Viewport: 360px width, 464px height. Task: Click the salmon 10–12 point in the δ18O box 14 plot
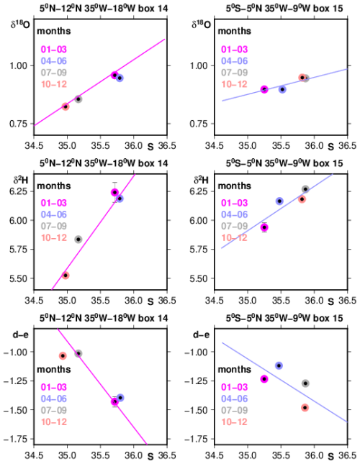[x=66, y=106]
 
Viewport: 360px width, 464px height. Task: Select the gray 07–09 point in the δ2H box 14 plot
[x=78, y=239]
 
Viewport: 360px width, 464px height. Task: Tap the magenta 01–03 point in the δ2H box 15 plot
[x=264, y=227]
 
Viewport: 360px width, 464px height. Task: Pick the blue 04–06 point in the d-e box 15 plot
[x=279, y=365]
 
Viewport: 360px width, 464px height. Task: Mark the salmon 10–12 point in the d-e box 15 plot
[x=305, y=408]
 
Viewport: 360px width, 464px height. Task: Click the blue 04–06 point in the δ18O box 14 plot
[x=120, y=78]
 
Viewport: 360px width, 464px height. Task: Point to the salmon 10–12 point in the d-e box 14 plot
[x=63, y=355]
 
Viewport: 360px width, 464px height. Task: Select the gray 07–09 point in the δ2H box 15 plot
[x=305, y=189]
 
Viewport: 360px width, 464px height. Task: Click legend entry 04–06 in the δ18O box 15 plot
[x=234, y=61]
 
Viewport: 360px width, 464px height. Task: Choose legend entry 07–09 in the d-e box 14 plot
[x=54, y=410]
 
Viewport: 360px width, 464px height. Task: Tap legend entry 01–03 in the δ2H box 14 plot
[x=54, y=203]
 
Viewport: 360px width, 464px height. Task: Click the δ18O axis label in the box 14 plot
[x=20, y=24]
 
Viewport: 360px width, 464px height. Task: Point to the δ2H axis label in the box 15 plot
[x=202, y=180]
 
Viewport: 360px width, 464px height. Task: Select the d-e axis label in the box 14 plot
[x=20, y=335]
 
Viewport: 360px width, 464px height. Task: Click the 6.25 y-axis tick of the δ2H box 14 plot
[x=18, y=191]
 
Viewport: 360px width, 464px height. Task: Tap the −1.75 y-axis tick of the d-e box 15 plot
[x=194, y=439]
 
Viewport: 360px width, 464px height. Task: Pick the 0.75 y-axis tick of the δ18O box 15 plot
[x=199, y=124]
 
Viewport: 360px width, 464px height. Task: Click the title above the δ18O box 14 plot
[x=104, y=8]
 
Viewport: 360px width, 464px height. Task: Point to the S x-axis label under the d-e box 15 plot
[x=330, y=456]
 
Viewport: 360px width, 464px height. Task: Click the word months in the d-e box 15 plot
[x=235, y=369]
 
